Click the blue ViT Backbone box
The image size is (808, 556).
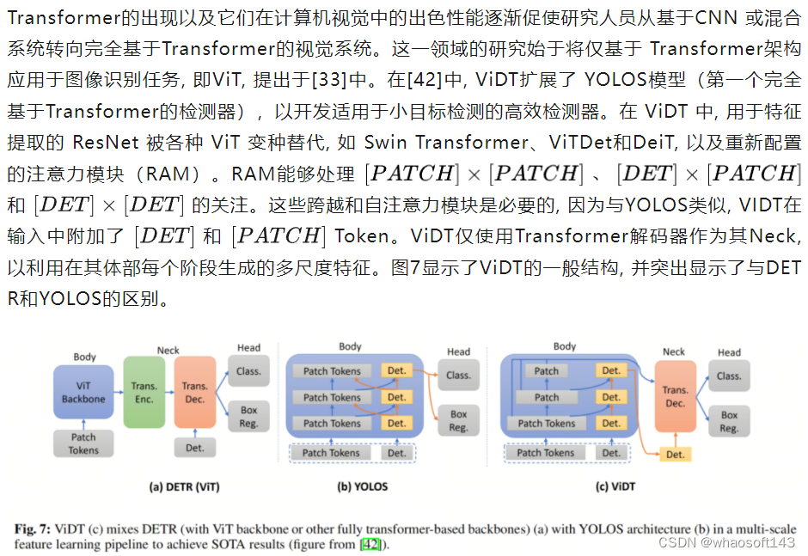pyautogui.click(x=83, y=393)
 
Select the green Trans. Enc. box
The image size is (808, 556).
pyautogui.click(x=144, y=393)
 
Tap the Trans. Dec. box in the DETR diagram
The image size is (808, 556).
pyautogui.click(x=195, y=393)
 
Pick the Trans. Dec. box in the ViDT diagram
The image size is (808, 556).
pyautogui.click(x=675, y=396)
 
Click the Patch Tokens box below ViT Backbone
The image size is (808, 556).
pyautogui.click(x=83, y=443)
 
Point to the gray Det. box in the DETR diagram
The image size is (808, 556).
pyautogui.click(x=195, y=447)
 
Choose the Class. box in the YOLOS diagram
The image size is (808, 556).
pyautogui.click(x=458, y=375)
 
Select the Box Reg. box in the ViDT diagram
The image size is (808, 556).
pyautogui.click(x=729, y=421)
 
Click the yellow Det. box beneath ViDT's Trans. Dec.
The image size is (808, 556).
pyautogui.click(x=675, y=454)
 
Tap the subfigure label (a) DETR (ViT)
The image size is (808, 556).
pyautogui.click(x=184, y=486)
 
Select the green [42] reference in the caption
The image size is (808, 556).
pyautogui.click(x=370, y=544)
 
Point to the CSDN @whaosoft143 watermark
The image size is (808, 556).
pyautogui.click(x=726, y=543)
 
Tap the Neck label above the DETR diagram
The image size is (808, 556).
pyautogui.click(x=168, y=351)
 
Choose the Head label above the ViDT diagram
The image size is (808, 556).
pyautogui.click(x=729, y=352)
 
